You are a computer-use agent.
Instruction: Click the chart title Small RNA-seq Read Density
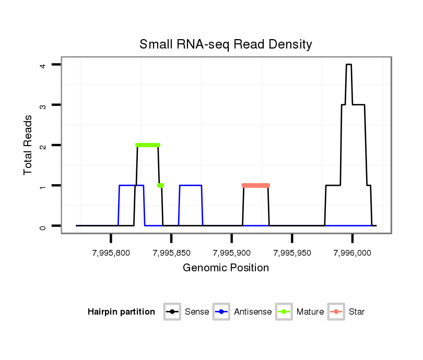coord(226,44)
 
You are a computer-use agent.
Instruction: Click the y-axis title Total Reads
coord(29,145)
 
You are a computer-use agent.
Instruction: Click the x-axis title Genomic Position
coord(226,268)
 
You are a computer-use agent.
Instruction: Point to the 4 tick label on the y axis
coord(44,65)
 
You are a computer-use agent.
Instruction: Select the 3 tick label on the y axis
coord(44,105)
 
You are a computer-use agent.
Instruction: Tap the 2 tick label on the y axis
coord(44,145)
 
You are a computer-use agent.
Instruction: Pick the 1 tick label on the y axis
coord(44,186)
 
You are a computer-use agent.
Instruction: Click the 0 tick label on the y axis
coord(44,226)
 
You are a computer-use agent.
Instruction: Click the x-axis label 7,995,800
coord(111,253)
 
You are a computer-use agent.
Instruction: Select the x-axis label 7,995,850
coord(171,253)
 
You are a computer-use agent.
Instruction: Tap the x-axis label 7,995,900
coord(231,253)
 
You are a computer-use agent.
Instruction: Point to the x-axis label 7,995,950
coord(292,253)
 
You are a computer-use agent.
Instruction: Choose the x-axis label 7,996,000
coord(352,253)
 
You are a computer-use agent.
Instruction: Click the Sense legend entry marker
coord(172,312)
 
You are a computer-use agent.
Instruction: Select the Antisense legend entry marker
coord(221,312)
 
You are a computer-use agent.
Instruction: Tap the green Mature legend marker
coord(284,312)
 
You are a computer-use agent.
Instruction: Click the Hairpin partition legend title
coord(121,312)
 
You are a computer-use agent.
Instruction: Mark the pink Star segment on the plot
coord(256,185)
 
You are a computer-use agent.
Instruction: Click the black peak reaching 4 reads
coord(349,65)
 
